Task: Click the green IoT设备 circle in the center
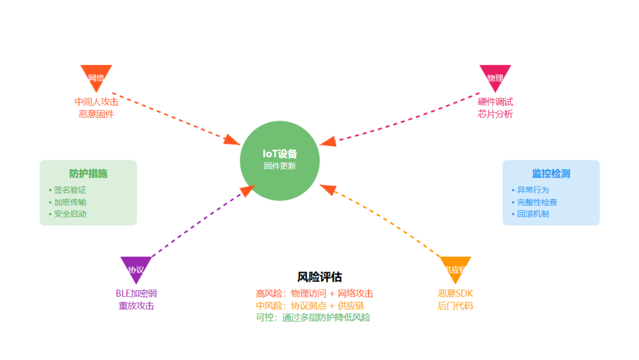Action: [280, 160]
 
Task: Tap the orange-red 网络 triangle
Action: [96, 76]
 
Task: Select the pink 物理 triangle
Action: [495, 76]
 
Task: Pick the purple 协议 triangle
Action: [136, 268]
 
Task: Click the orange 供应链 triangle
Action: [455, 268]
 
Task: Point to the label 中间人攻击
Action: [96, 102]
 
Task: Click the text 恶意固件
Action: [96, 114]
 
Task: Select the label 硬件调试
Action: [495, 102]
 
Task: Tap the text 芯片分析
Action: [495, 114]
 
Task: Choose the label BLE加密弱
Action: [136, 294]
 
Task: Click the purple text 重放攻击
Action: [136, 306]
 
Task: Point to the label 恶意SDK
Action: [455, 294]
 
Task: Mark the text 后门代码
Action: [455, 306]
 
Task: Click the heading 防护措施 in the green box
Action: [88, 173]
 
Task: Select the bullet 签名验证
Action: [70, 190]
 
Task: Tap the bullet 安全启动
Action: [70, 214]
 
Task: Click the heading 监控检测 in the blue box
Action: [551, 173]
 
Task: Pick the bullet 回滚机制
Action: [532, 214]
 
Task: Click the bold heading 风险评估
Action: [319, 277]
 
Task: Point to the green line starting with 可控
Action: [313, 317]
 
